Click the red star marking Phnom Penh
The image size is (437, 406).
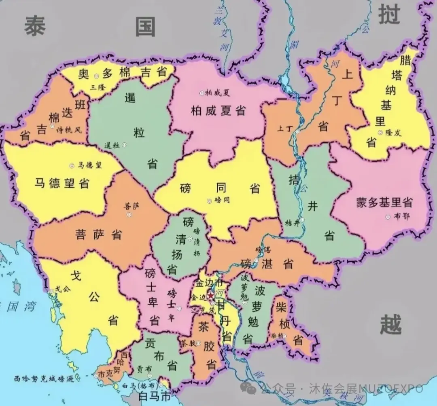pyautogui.click(x=211, y=296)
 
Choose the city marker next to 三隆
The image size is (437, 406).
pyautogui.click(x=96, y=76)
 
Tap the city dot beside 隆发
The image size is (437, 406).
pyautogui.click(x=380, y=132)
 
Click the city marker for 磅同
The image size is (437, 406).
pyautogui.click(x=209, y=200)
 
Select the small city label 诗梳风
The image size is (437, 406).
pyautogui.click(x=69, y=130)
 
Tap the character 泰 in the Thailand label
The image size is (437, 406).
pyautogui.click(x=35, y=26)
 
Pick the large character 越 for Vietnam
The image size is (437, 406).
pyautogui.click(x=391, y=325)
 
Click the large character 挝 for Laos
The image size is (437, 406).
pyautogui.click(x=389, y=15)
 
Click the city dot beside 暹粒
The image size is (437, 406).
pyautogui.click(x=124, y=144)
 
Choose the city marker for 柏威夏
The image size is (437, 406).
pyautogui.click(x=201, y=93)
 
